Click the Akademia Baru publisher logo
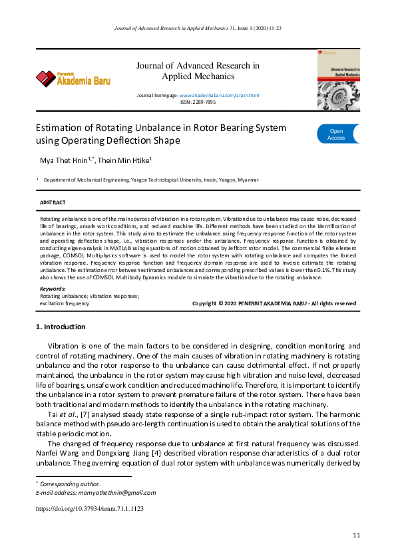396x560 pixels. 73,79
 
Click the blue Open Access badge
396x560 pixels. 337,134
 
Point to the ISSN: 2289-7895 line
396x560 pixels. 198,102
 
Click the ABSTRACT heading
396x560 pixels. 53,202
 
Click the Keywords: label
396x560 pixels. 53,289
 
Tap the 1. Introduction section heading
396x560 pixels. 60,327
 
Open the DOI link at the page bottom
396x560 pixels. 89,508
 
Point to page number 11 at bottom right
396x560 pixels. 356,535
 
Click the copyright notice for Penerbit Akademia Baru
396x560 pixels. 274,303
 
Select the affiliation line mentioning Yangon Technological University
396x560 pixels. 151,180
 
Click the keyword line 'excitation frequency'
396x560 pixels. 65,303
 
